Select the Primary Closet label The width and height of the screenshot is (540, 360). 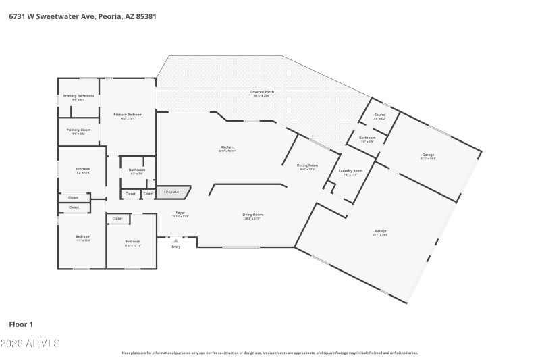78,131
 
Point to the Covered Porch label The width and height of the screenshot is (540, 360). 262,93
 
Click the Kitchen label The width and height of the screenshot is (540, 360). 227,149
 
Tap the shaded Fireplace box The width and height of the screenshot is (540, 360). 173,192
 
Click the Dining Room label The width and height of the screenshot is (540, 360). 307,166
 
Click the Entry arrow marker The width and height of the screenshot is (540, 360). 176,240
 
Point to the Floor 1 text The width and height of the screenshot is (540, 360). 21,324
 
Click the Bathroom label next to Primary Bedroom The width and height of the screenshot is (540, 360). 137,171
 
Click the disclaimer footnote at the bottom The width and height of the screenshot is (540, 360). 269,353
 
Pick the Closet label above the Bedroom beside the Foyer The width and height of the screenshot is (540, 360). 117,218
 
